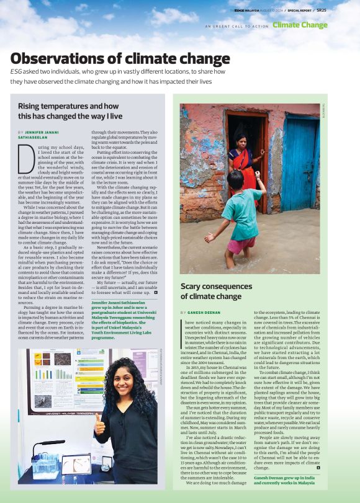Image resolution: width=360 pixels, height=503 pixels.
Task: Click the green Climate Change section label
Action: (300, 25)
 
